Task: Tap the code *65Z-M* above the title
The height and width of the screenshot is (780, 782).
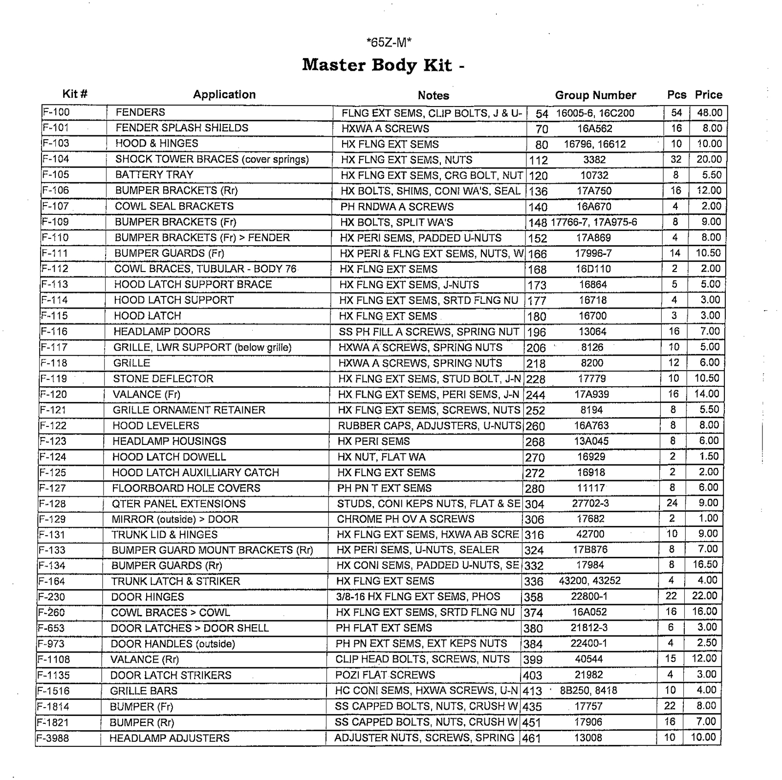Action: (389, 42)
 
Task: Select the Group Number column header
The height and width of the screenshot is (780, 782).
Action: (595, 95)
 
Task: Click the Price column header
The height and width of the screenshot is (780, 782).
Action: (708, 95)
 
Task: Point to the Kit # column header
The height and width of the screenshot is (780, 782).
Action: (75, 94)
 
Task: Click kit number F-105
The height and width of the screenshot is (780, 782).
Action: (56, 175)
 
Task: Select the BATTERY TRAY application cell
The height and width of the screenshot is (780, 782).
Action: (154, 175)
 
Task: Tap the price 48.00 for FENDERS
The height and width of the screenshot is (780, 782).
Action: (709, 113)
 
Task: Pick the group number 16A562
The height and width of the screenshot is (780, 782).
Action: (594, 129)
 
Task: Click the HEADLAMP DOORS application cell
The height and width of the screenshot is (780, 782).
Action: (162, 332)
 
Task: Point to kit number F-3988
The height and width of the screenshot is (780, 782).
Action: (53, 738)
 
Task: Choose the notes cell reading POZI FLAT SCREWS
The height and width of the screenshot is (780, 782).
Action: (385, 675)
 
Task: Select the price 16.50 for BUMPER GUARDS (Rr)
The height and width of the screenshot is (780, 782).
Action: (705, 565)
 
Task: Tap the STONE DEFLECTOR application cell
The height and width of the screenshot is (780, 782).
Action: (163, 379)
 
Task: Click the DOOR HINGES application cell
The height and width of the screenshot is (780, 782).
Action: (148, 597)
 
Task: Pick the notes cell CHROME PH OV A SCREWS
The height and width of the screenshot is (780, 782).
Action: (405, 519)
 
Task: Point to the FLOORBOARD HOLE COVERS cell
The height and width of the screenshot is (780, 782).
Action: (186, 488)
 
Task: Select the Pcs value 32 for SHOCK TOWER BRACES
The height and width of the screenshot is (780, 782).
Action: (675, 159)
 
